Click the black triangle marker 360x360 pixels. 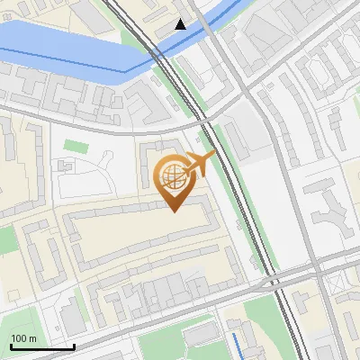[181, 24]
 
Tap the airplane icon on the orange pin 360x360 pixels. [199, 163]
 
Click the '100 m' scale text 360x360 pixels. [23, 338]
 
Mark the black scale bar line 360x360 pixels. [42, 346]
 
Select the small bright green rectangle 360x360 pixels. [76, 146]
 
